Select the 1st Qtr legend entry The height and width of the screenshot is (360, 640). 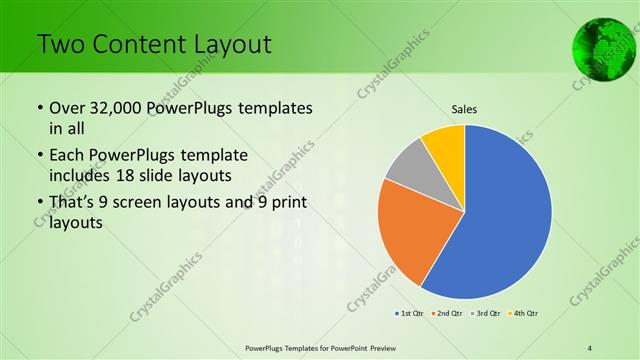click(410, 313)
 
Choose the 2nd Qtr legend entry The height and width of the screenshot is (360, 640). click(448, 313)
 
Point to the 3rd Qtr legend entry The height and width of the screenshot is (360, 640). click(487, 313)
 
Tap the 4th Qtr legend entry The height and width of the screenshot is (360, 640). click(525, 313)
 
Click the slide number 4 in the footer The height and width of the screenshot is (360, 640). click(590, 347)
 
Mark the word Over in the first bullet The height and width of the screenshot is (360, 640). click(68, 108)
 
